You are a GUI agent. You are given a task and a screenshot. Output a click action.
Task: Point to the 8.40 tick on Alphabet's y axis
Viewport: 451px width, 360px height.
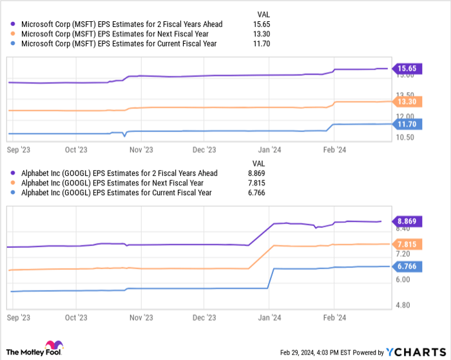[x=403, y=228]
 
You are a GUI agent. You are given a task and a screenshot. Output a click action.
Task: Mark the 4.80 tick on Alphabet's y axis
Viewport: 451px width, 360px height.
[x=403, y=305]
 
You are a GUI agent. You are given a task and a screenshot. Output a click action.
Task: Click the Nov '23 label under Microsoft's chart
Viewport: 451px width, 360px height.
[x=140, y=149]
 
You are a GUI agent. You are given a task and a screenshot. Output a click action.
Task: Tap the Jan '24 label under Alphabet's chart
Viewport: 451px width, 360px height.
[x=269, y=318]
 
